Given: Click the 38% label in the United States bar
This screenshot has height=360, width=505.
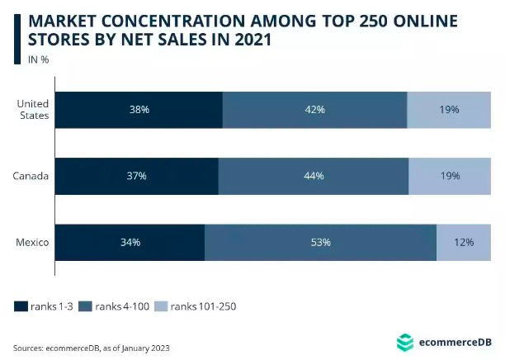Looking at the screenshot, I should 139,110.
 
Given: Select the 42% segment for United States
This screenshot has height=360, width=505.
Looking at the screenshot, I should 314,110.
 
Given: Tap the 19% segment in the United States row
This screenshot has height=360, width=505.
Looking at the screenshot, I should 450,110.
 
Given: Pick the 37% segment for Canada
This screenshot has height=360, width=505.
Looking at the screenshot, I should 137,176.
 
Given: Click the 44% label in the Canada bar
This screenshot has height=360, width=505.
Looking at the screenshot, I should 313,176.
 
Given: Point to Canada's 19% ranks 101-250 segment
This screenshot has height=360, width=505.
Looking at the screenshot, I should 450,176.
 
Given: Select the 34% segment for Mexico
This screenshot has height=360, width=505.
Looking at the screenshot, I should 130,242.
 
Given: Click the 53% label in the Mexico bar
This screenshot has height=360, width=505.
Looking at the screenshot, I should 320,242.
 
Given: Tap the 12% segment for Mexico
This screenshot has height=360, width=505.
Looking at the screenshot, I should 464,242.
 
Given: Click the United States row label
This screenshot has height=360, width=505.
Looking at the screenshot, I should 34,110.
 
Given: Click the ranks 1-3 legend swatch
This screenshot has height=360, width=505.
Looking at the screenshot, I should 21,306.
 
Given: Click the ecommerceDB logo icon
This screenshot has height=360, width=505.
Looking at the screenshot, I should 404,342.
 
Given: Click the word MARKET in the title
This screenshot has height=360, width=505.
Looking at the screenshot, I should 60,18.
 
